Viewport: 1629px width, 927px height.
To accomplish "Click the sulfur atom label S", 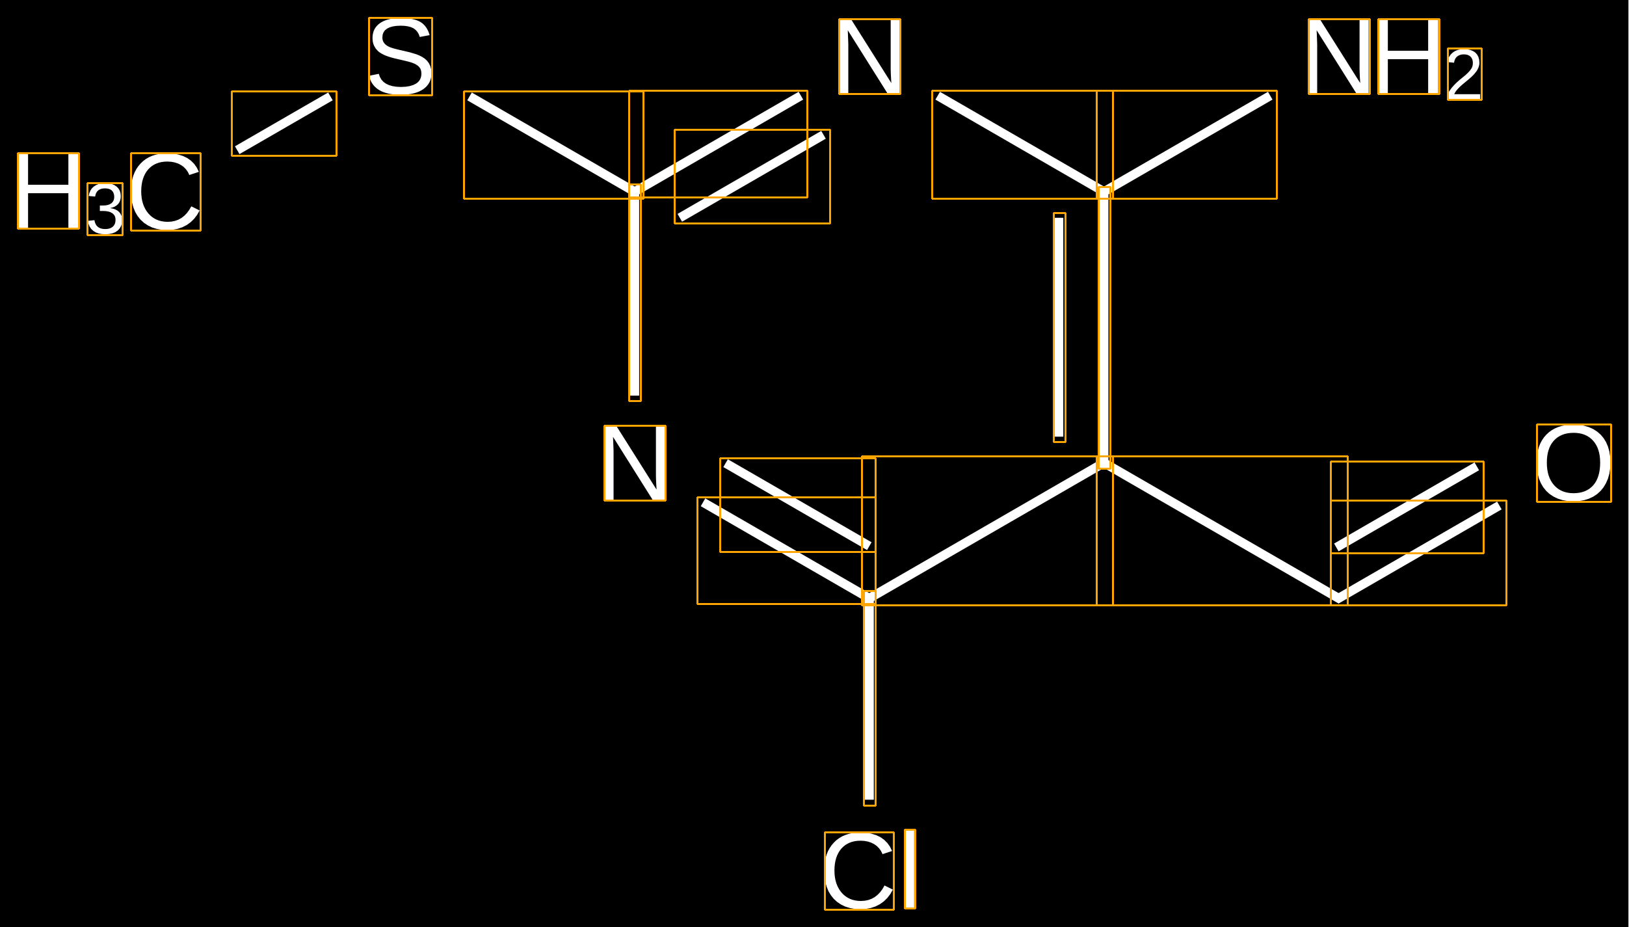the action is coord(401,57).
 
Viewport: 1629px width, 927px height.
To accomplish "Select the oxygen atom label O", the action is coord(1574,463).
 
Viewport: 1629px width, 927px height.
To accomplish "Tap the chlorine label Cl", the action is coord(870,870).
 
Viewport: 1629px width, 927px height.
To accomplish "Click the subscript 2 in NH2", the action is coord(1464,74).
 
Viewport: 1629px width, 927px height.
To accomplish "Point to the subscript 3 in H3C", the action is coord(105,209).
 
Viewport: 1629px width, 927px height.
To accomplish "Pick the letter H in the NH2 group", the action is coord(1409,57).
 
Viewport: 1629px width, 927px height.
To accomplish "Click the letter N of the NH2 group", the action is coord(1340,57).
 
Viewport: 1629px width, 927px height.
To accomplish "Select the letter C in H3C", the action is coord(166,192).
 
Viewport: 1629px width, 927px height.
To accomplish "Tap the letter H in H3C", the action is coord(49,191).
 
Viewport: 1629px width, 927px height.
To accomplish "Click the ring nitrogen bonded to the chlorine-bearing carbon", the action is coord(635,463).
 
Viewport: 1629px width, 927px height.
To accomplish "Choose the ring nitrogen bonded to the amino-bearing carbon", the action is coord(870,57).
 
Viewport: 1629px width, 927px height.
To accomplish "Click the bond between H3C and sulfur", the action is coord(284,124).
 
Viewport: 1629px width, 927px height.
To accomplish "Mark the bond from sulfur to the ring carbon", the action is coord(553,144).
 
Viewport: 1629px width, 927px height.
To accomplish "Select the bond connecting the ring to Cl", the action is coord(869,699).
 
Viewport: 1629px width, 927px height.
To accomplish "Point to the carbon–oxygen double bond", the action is coord(1419,533).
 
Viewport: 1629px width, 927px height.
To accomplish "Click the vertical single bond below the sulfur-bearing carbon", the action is coord(635,293).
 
